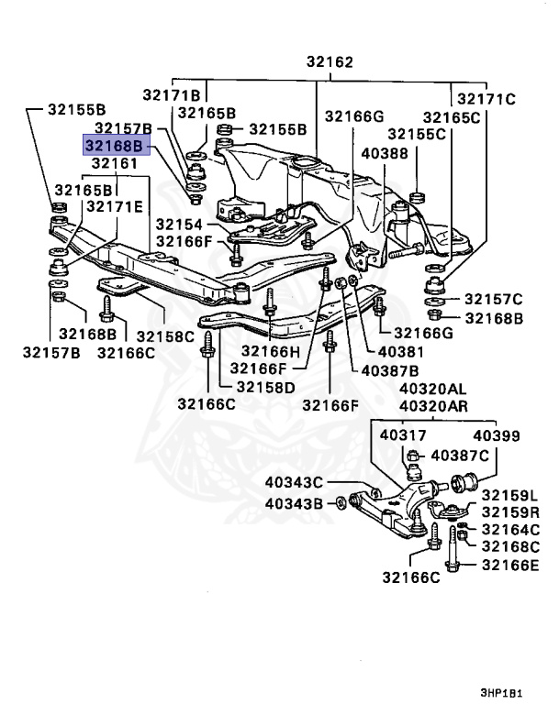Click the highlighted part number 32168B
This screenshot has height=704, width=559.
115,146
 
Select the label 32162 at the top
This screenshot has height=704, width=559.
330,64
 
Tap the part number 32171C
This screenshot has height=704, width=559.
486,98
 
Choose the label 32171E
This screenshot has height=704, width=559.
115,207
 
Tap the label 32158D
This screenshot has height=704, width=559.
265,387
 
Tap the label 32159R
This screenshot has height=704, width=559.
511,511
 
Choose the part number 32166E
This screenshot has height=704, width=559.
511,565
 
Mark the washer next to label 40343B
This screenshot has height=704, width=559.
340,502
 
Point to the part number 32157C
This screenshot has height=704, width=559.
493,299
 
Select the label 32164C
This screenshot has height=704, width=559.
511,530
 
